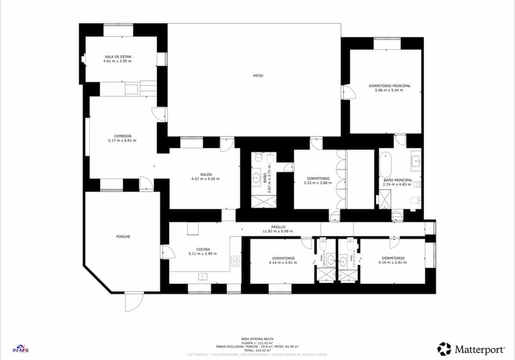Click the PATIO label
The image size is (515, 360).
pyautogui.click(x=258, y=76)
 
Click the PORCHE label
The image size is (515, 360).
pyautogui.click(x=123, y=237)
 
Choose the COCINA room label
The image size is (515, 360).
pyautogui.click(x=203, y=249)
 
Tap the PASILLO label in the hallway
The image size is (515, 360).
pyautogui.click(x=278, y=227)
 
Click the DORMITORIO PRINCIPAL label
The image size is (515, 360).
pyautogui.click(x=389, y=86)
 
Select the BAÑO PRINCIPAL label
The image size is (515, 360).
pyautogui.click(x=397, y=180)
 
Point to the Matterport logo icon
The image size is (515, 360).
pyautogui.click(x=444, y=348)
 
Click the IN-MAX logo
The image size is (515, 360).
pyautogui.click(x=20, y=348)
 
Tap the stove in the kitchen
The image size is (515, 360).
pyautogui.click(x=236, y=260)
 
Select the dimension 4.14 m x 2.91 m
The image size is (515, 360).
pyautogui.click(x=282, y=263)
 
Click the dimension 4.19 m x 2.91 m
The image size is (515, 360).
pyautogui.click(x=393, y=263)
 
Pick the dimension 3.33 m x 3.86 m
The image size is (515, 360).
pyautogui.click(x=318, y=183)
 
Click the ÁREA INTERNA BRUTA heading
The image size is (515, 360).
pyautogui.click(x=257, y=339)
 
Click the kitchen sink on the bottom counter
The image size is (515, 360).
pyautogui.click(x=202, y=277)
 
